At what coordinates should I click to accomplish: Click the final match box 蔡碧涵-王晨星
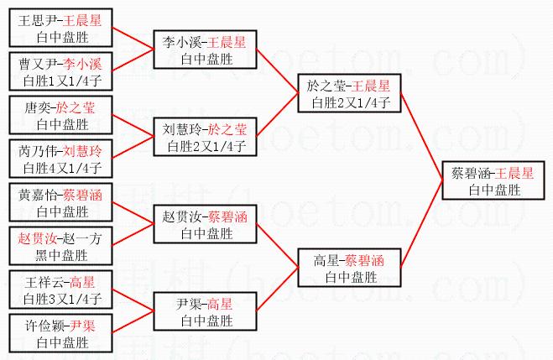(492, 181)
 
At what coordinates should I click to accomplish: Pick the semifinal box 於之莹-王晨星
(348, 93)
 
